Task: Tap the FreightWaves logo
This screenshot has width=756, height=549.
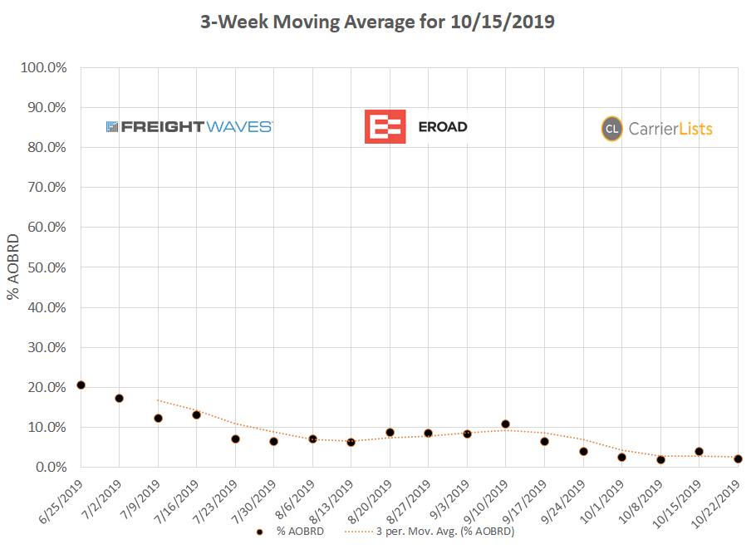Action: coord(189,127)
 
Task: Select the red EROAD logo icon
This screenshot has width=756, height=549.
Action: coord(384,126)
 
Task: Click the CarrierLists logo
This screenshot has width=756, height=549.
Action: coord(657,129)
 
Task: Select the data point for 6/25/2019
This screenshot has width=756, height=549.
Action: coord(81,385)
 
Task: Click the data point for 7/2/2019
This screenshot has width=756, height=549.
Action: coord(120,399)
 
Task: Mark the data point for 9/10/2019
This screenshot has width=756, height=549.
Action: coord(505,424)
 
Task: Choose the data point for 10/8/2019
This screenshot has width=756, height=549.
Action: coord(660,459)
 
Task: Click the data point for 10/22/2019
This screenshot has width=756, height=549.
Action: coord(738,458)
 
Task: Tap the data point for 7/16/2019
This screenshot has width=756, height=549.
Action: coord(197,414)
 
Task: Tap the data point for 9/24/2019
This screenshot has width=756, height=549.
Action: coord(583,452)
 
